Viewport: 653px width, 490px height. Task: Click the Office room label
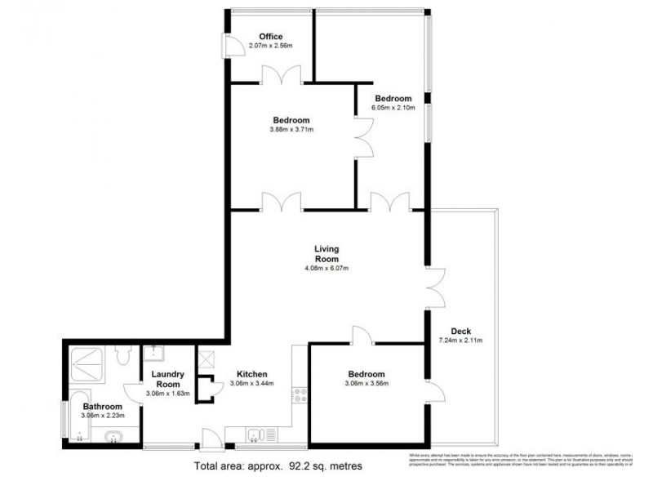[271, 37]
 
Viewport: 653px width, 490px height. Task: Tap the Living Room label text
[326, 254]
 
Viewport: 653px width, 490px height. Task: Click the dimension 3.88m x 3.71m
[291, 129]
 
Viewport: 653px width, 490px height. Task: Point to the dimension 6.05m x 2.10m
[393, 107]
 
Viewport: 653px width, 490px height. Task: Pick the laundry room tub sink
[153, 354]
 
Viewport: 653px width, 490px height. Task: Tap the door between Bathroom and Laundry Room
[134, 396]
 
